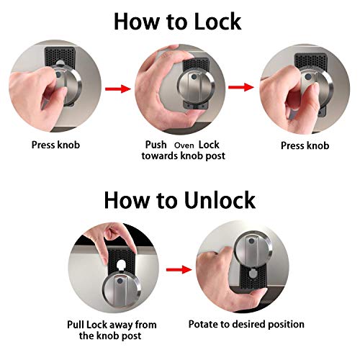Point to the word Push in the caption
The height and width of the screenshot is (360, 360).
(157, 144)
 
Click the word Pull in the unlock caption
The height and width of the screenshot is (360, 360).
(81, 325)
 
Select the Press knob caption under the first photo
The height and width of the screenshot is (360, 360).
(55, 144)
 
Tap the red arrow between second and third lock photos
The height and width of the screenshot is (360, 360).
(241, 87)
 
